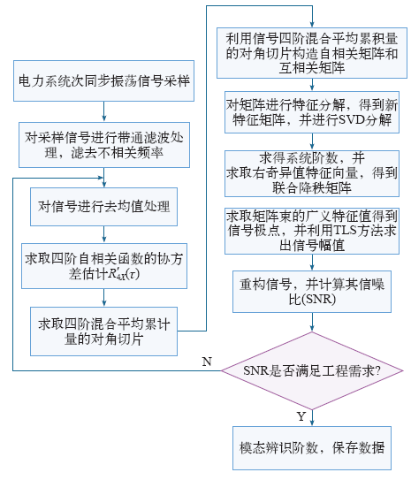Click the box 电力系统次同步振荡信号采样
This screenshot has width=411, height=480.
pos(103,80)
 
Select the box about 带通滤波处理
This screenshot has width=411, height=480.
pos(104,145)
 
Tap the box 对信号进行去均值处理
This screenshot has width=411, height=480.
pos(103,207)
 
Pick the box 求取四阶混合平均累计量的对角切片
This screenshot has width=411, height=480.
pos(103,331)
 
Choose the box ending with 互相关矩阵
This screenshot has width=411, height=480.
pos(312,53)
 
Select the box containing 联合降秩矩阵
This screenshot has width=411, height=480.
pos(312,173)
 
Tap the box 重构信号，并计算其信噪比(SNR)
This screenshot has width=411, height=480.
pos(312,292)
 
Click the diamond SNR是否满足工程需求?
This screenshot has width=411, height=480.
pos(312,370)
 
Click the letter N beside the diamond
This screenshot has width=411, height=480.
pos(207,362)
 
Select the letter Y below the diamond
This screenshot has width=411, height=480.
pos(301,416)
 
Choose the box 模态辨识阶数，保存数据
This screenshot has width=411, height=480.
pos(312,448)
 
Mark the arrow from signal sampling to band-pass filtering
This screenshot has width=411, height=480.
pos(103,111)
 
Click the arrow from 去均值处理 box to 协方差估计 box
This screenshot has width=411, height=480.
pos(103,234)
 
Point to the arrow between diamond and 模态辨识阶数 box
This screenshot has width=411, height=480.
pos(312,418)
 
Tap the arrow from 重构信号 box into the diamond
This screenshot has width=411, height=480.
pos(312,322)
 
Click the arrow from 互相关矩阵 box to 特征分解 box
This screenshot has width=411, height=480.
pos(312,85)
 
